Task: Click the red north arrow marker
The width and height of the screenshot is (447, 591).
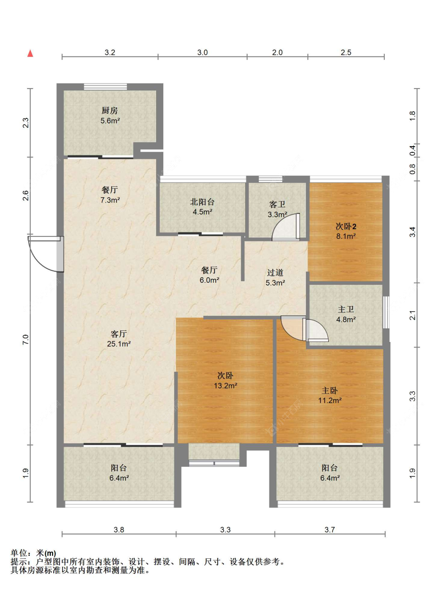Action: pyautogui.click(x=30, y=53)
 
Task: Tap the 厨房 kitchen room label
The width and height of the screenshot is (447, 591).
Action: pyautogui.click(x=110, y=110)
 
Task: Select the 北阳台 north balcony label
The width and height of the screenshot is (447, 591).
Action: pyautogui.click(x=202, y=202)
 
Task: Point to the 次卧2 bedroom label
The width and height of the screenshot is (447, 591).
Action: pyautogui.click(x=346, y=226)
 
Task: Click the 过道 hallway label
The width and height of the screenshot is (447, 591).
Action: pyautogui.click(x=275, y=272)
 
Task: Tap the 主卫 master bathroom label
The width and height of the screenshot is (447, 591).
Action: pyautogui.click(x=346, y=309)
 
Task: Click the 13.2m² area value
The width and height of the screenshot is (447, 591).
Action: pyautogui.click(x=225, y=386)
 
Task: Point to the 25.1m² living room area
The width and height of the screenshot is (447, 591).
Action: pyautogui.click(x=119, y=344)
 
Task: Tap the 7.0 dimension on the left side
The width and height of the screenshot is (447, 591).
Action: pyautogui.click(x=25, y=340)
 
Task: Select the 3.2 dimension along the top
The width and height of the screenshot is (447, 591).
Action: pyautogui.click(x=110, y=52)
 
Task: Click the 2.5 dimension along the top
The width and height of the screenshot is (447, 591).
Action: pyautogui.click(x=346, y=52)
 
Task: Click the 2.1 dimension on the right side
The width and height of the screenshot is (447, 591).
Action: pyautogui.click(x=412, y=315)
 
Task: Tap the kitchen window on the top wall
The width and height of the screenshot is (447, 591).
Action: pyautogui.click(x=105, y=87)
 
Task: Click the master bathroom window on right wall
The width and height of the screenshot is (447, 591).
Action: pyautogui.click(x=386, y=312)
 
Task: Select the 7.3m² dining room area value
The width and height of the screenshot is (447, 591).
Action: pyautogui.click(x=110, y=200)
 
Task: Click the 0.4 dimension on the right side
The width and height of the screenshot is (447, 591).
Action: pyautogui.click(x=412, y=150)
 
